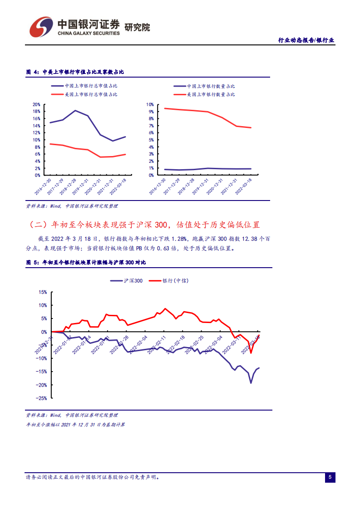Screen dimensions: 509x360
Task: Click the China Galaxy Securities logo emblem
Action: tap(41, 28)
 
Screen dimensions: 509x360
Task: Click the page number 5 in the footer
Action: tap(330, 477)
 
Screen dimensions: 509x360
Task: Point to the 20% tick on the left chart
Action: tap(37, 104)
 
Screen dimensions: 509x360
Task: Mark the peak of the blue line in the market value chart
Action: tap(75, 110)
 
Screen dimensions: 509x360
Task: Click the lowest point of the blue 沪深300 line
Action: tap(251, 383)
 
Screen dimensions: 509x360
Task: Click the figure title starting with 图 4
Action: tap(75, 72)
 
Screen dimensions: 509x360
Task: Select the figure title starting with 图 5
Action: tap(86, 262)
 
